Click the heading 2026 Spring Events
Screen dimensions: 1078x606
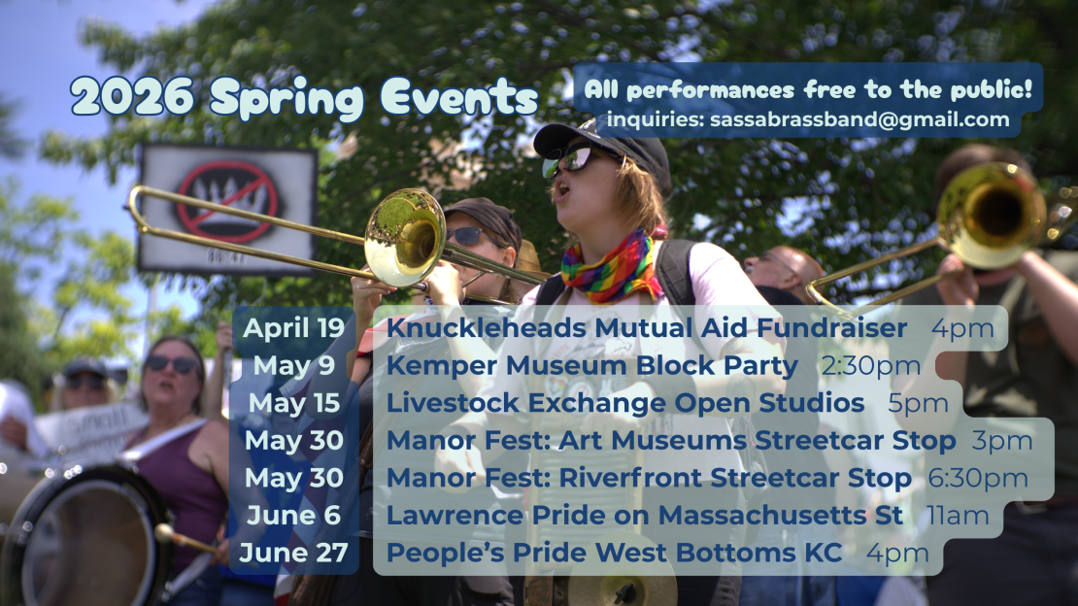click(x=304, y=97)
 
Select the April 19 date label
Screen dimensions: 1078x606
click(x=293, y=328)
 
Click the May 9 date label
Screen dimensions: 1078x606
click(x=293, y=365)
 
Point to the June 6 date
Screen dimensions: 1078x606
click(x=293, y=516)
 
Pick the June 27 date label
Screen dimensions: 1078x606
click(x=293, y=553)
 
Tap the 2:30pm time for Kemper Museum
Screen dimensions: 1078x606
click(x=870, y=366)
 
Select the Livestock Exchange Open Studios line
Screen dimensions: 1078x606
click(x=624, y=403)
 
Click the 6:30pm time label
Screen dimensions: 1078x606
click(x=978, y=478)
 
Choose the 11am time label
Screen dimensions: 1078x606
click(x=958, y=516)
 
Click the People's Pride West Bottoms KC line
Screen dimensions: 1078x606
click(x=614, y=553)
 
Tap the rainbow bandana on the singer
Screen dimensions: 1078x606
click(x=604, y=268)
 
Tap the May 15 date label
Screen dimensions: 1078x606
click(x=293, y=403)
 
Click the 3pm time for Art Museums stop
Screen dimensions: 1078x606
click(x=1002, y=441)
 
